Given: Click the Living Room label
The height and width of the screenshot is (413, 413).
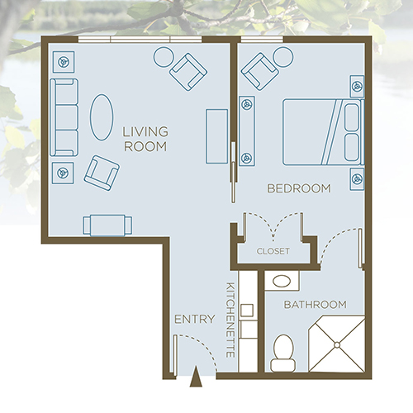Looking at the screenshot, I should tap(145, 139).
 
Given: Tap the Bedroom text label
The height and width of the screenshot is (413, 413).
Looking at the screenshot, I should tap(298, 189).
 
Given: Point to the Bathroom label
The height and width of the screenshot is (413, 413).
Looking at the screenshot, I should tap(311, 305).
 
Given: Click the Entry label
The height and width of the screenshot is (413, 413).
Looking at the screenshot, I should tap(195, 319).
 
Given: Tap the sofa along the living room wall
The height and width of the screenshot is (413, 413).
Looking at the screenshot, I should tap(63, 117).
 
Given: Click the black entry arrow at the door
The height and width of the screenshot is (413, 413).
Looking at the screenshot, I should tap(196, 379).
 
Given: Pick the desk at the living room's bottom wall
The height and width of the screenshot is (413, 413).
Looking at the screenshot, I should tap(107, 225).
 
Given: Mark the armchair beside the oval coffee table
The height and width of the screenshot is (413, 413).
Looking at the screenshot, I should tap(102, 171).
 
